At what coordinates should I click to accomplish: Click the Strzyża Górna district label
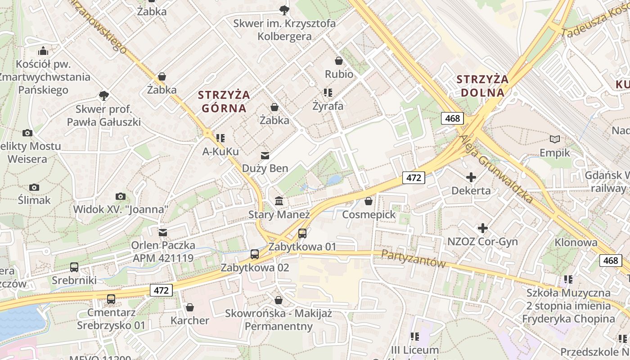224,101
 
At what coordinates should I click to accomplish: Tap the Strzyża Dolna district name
482,86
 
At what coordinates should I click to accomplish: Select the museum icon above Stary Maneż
279,201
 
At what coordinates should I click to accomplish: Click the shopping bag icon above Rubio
339,61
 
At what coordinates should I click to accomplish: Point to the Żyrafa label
328,106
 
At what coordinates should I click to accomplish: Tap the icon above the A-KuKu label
220,138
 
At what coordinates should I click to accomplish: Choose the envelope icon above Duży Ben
265,156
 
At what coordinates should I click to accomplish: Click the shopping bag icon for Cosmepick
369,201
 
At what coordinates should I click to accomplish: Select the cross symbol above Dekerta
471,177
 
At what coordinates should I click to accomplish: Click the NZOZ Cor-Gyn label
482,242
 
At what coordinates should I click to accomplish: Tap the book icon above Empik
555,139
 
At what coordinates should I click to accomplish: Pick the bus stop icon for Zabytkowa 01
302,234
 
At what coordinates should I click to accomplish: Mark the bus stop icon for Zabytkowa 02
255,254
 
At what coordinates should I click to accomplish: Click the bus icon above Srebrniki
74,267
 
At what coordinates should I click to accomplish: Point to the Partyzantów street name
413,258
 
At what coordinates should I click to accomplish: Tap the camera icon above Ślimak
34,187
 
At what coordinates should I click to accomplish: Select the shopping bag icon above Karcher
190,307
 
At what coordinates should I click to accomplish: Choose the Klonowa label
576,243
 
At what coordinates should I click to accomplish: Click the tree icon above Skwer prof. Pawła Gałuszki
104,95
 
